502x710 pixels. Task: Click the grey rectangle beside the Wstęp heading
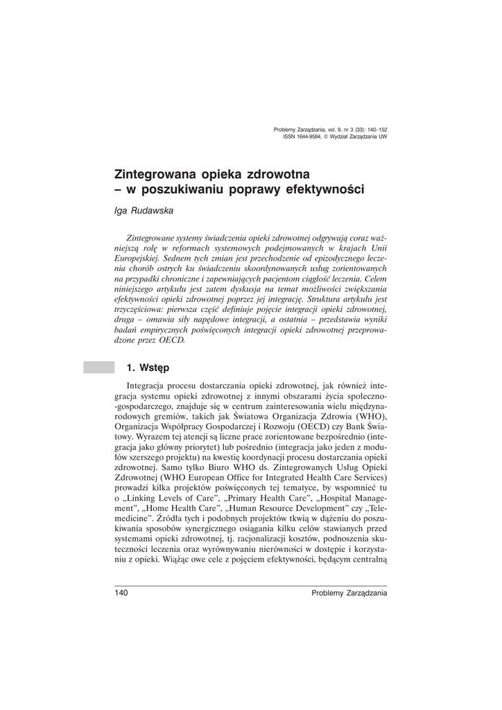point(98,367)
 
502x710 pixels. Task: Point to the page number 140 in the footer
point(122,593)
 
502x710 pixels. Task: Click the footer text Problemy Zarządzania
point(349,593)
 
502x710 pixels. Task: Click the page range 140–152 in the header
point(372,130)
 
